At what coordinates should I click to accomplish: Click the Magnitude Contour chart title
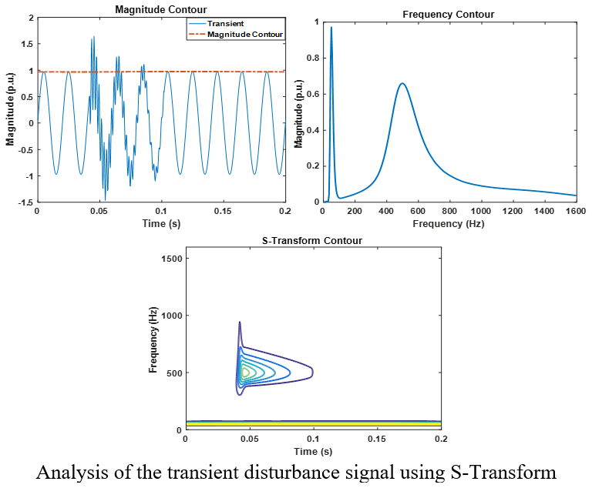[160, 10]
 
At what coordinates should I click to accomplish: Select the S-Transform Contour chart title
[313, 241]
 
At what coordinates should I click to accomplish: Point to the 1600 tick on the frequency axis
[576, 211]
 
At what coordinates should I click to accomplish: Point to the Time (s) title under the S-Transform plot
[313, 450]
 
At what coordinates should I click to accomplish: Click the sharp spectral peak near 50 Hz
[331, 28]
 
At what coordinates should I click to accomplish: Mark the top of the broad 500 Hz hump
[402, 83]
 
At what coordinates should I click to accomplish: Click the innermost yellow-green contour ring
[245, 373]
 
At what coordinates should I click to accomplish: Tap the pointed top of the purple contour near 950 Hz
[240, 323]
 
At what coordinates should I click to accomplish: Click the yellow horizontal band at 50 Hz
[313, 423]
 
